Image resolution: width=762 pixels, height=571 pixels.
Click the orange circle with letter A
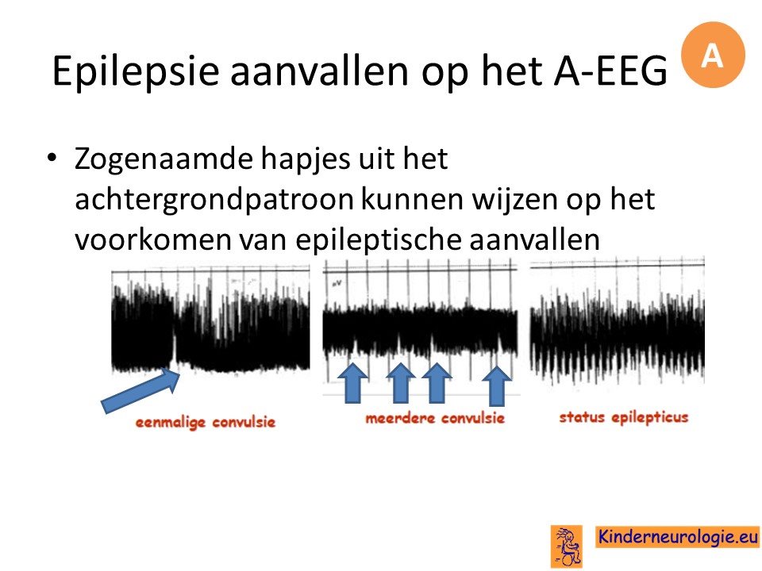coord(713,55)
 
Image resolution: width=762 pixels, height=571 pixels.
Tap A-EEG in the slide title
coord(610,71)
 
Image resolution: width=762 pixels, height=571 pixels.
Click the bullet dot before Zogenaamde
coord(52,158)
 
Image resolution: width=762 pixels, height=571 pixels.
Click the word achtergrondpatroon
coord(214,201)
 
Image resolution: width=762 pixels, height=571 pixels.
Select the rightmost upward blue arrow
coord(496,385)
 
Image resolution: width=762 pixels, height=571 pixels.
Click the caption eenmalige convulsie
coord(206,423)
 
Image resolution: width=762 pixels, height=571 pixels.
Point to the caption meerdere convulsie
coord(435,418)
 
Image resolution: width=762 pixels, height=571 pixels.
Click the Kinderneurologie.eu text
coord(677,537)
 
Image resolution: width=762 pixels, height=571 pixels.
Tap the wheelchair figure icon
coord(567,546)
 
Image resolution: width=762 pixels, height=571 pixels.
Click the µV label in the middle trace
coord(336,282)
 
